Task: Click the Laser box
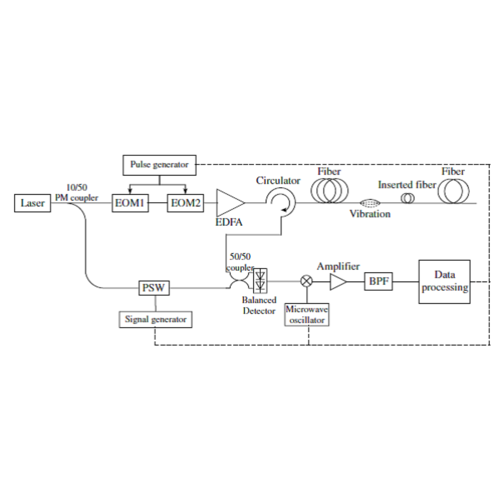click(x=32, y=203)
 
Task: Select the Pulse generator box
click(x=159, y=165)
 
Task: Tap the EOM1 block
click(x=130, y=203)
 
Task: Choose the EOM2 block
click(x=185, y=203)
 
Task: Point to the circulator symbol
click(x=280, y=202)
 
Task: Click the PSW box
click(x=154, y=288)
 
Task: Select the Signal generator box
click(x=156, y=319)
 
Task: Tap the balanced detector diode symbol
click(x=260, y=281)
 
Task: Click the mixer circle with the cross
click(x=307, y=281)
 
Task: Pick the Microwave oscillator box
click(x=307, y=315)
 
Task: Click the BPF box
click(x=379, y=281)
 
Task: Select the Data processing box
click(x=444, y=282)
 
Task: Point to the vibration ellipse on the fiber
click(x=370, y=203)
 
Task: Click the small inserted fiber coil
click(x=408, y=198)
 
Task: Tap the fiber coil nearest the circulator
click(x=329, y=191)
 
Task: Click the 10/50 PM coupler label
click(x=77, y=193)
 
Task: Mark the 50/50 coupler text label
click(x=240, y=262)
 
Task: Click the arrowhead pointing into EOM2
click(x=185, y=191)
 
